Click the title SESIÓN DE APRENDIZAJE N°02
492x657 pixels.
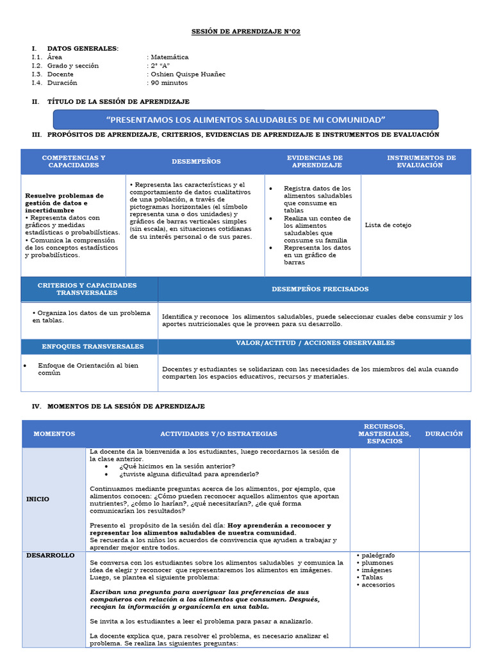(246, 31)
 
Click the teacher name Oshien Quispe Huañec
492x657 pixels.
(188, 74)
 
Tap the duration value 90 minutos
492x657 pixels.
(169, 82)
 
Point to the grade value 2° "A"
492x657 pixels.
(160, 65)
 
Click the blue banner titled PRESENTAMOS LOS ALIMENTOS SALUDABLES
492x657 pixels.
(246, 119)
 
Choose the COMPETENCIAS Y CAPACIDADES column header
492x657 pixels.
(74, 161)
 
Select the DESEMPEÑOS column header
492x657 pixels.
(196, 162)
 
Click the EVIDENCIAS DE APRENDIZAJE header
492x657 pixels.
(315, 161)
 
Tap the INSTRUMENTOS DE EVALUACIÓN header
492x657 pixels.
(421, 161)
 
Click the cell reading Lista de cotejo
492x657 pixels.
(388, 225)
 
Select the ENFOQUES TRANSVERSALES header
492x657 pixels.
(93, 346)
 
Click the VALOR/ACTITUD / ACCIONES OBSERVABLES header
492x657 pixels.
(315, 343)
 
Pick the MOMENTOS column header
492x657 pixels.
(54, 434)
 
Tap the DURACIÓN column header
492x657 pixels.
(444, 434)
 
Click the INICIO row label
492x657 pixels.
(38, 499)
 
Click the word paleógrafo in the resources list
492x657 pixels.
(378, 555)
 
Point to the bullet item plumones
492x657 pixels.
(377, 563)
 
